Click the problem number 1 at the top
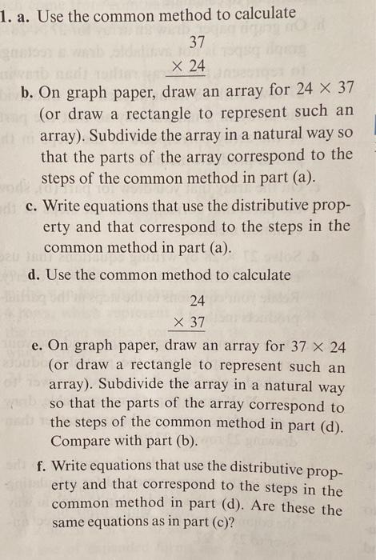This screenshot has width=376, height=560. [x=6, y=14]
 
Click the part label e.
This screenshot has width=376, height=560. [x=37, y=346]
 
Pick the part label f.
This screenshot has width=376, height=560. [x=40, y=466]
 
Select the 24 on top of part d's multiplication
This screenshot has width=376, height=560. [x=198, y=301]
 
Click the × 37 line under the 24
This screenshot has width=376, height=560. [x=189, y=322]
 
